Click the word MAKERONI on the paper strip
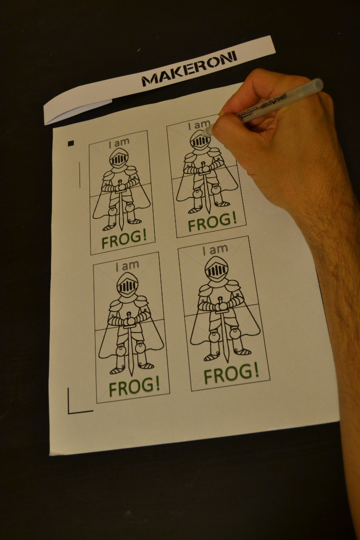[x=189, y=68]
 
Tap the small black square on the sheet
[x=70, y=143]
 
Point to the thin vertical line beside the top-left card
[x=79, y=175]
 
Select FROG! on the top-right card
[x=212, y=221]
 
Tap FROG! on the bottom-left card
[x=134, y=386]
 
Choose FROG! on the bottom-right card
[x=231, y=373]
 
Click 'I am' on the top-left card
[x=119, y=142]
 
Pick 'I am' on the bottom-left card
[x=127, y=265]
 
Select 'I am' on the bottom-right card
[x=215, y=249]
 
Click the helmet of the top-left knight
[x=119, y=158]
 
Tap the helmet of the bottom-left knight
[x=127, y=284]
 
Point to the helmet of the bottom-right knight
[x=216, y=268]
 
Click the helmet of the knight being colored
[x=200, y=139]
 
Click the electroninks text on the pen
[x=273, y=101]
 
